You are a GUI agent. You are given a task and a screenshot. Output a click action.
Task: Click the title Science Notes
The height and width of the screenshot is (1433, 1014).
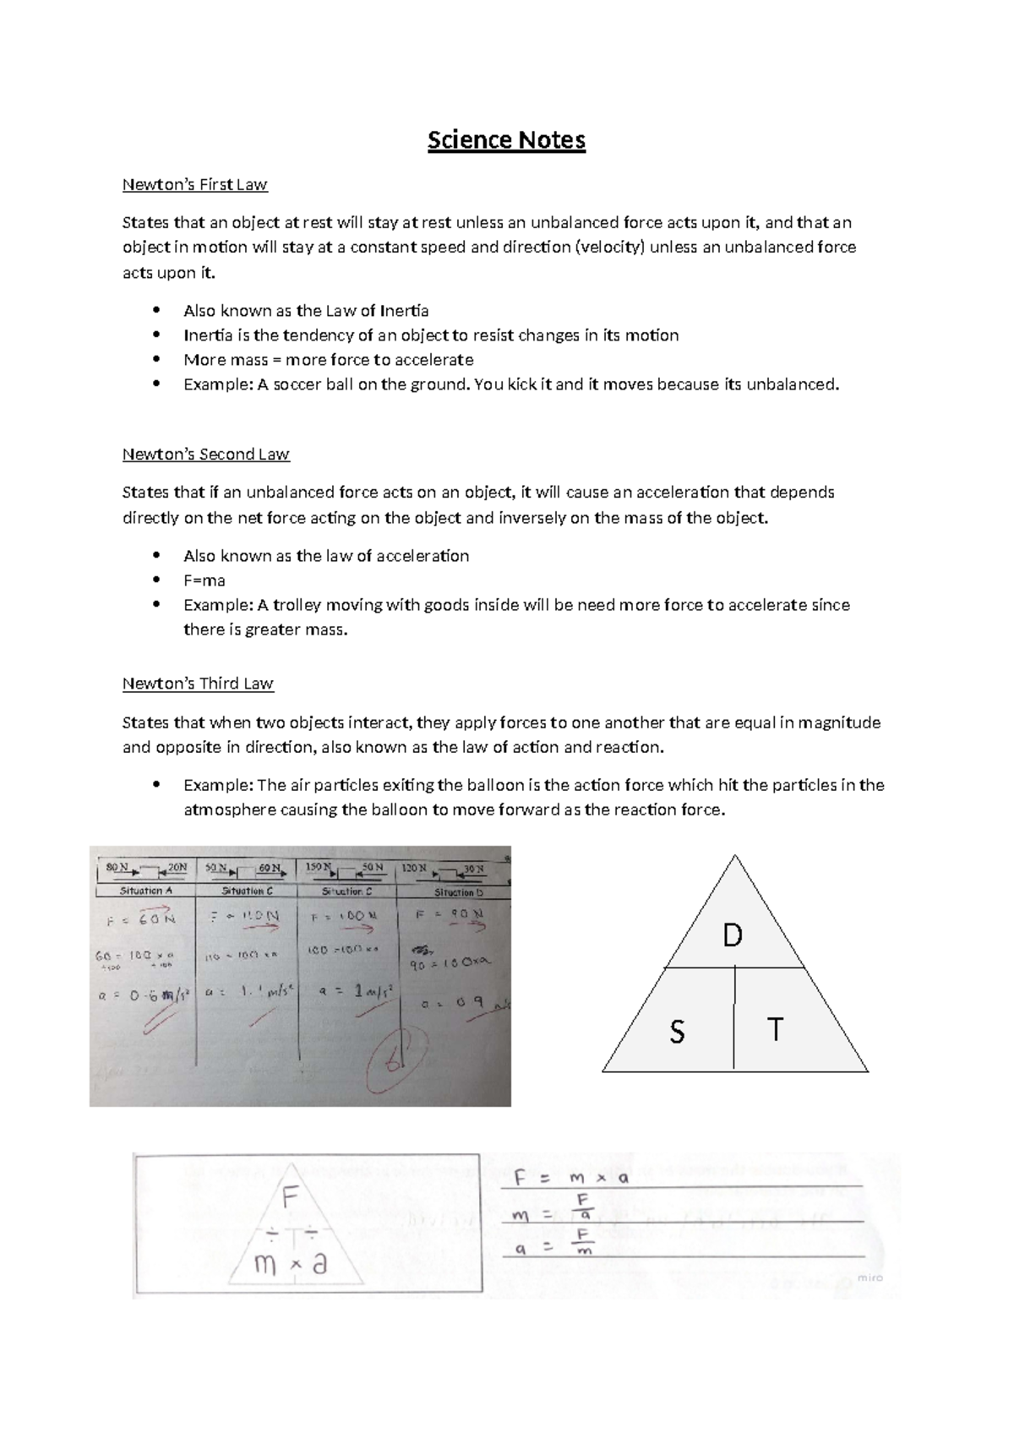coord(506,139)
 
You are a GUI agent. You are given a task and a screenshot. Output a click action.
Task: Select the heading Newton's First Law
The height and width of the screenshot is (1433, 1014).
coord(194,184)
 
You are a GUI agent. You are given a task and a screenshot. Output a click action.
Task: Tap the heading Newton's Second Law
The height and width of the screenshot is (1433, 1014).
coord(205,455)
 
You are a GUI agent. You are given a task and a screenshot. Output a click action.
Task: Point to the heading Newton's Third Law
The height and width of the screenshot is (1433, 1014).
coord(198,684)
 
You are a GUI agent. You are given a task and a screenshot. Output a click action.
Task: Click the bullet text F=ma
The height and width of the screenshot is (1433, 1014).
coord(204,580)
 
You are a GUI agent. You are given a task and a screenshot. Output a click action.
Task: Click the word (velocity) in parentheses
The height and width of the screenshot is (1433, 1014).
coord(609,248)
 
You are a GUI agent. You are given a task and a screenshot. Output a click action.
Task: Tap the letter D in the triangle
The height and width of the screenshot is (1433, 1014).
coord(732,935)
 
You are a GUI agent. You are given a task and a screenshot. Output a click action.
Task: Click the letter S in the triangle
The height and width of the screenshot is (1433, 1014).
coord(677,1032)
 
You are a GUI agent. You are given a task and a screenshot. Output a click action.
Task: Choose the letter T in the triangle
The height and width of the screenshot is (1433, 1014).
coord(774,1030)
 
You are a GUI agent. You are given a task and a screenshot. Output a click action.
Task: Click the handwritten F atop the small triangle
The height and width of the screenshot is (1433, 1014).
coord(291,1198)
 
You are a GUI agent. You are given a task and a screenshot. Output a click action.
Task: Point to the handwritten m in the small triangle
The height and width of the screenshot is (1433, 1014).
coord(265,1265)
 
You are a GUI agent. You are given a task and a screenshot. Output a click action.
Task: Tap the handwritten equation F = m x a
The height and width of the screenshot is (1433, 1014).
coord(572,1178)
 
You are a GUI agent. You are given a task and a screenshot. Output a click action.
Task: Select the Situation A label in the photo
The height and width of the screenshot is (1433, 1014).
coord(145,891)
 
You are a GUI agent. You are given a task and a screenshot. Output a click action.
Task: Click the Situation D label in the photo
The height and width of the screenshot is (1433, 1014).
coord(458,891)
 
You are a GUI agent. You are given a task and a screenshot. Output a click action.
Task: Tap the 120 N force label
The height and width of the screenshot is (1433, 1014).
coord(413,868)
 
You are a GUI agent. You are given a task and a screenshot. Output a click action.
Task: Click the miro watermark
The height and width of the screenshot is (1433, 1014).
coord(870,1278)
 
